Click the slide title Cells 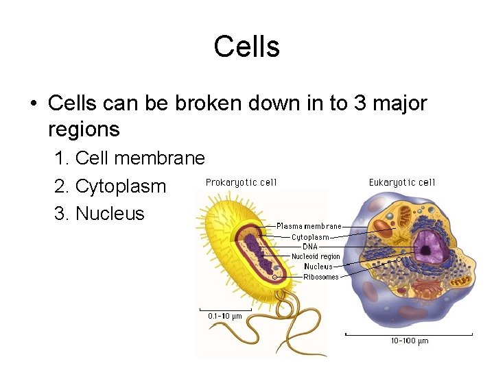point(246,47)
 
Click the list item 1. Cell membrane point(129,158)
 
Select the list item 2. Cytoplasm point(110,186)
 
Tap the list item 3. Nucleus point(99,213)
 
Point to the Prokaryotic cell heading point(242,182)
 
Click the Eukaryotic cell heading point(402,182)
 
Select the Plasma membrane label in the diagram point(309,226)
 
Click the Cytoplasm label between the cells point(310,237)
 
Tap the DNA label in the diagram point(309,246)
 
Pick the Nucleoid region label point(316,256)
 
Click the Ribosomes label point(321,277)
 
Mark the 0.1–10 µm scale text point(225,316)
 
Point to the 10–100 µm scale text point(410,341)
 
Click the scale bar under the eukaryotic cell point(409,334)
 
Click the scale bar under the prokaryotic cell point(225,309)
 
